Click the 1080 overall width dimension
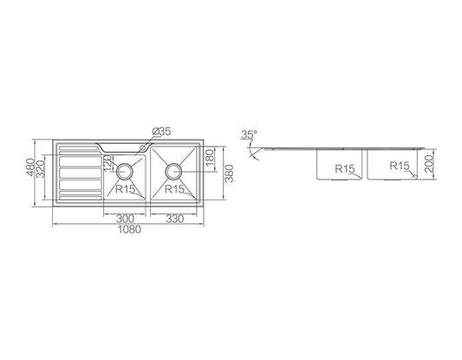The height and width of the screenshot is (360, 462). pyautogui.click(x=129, y=229)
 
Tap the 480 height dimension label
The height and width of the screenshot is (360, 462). pyautogui.click(x=30, y=167)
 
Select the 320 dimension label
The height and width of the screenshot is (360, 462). pyautogui.click(x=41, y=169)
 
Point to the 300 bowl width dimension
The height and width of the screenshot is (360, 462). pyautogui.click(x=125, y=219)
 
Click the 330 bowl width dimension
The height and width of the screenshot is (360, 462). pyautogui.click(x=174, y=219)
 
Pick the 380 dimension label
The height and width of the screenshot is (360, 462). pyautogui.click(x=229, y=173)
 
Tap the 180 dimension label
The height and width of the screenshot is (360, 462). pyautogui.click(x=209, y=158)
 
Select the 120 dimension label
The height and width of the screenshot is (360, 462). pyautogui.click(x=107, y=164)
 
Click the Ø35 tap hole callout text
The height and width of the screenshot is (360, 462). pyautogui.click(x=161, y=132)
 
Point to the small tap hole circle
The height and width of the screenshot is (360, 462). pyautogui.click(x=143, y=147)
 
